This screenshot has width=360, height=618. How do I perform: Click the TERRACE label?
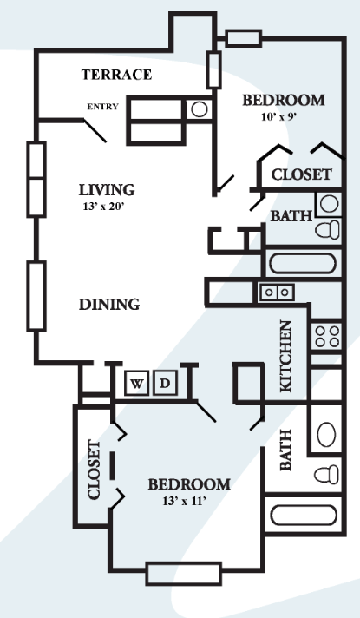coord(116,75)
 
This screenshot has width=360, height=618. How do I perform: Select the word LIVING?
coord(106,189)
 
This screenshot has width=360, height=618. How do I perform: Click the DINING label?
coord(109,305)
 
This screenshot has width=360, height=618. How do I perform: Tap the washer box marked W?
coord(137,382)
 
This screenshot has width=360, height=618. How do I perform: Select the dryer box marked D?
coord(166,382)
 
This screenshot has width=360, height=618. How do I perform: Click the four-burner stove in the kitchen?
coord(327,336)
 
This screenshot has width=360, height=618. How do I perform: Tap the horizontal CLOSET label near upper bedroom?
coord(301,174)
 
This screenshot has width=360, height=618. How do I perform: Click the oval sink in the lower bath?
coord(326,432)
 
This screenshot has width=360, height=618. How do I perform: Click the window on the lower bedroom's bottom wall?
coord(182,574)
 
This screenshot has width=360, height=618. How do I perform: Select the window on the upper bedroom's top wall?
coord(243,37)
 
